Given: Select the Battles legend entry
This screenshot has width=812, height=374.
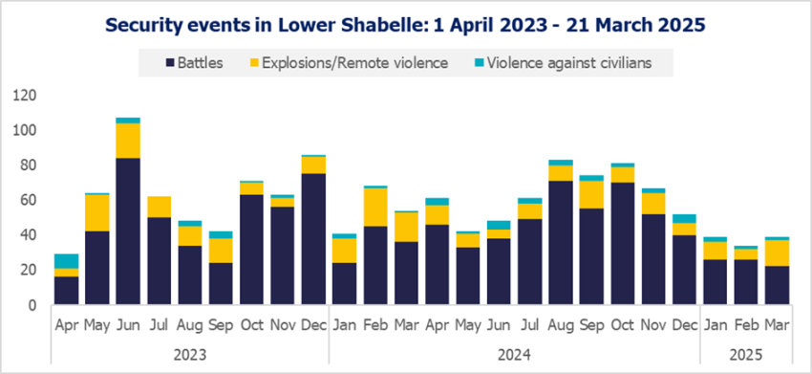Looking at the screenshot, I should pyautogui.click(x=195, y=64).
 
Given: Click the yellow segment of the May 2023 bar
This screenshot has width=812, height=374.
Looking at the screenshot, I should pyautogui.click(x=96, y=212).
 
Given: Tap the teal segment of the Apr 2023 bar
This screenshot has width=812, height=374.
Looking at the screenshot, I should pyautogui.click(x=66, y=261).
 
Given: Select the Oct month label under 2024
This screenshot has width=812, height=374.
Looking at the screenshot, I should pyautogui.click(x=622, y=325).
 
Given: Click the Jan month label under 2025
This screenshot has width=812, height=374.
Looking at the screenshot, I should pyautogui.click(x=715, y=325).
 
